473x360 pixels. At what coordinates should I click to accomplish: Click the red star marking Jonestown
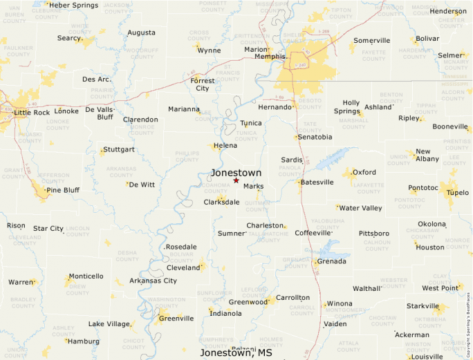[236, 180]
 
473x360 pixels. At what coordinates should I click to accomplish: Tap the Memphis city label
[270, 57]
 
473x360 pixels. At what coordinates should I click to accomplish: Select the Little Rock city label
[32, 112]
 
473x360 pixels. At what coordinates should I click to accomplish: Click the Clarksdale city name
[221, 202]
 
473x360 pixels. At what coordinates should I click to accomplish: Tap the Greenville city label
[176, 318]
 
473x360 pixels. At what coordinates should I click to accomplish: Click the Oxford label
[364, 172]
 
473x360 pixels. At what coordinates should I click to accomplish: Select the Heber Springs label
[73, 6]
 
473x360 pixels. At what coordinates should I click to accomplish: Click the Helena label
[225, 146]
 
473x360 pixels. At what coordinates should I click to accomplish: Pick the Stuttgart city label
[118, 149]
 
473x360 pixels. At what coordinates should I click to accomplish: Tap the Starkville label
[423, 306]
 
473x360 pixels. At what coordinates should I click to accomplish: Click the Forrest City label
[203, 84]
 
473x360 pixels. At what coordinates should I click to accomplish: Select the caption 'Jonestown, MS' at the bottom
[236, 353]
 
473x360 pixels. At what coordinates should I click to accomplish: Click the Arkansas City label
[153, 281]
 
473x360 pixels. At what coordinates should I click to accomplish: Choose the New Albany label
[427, 155]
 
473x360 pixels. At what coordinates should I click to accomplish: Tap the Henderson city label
[447, 12]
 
